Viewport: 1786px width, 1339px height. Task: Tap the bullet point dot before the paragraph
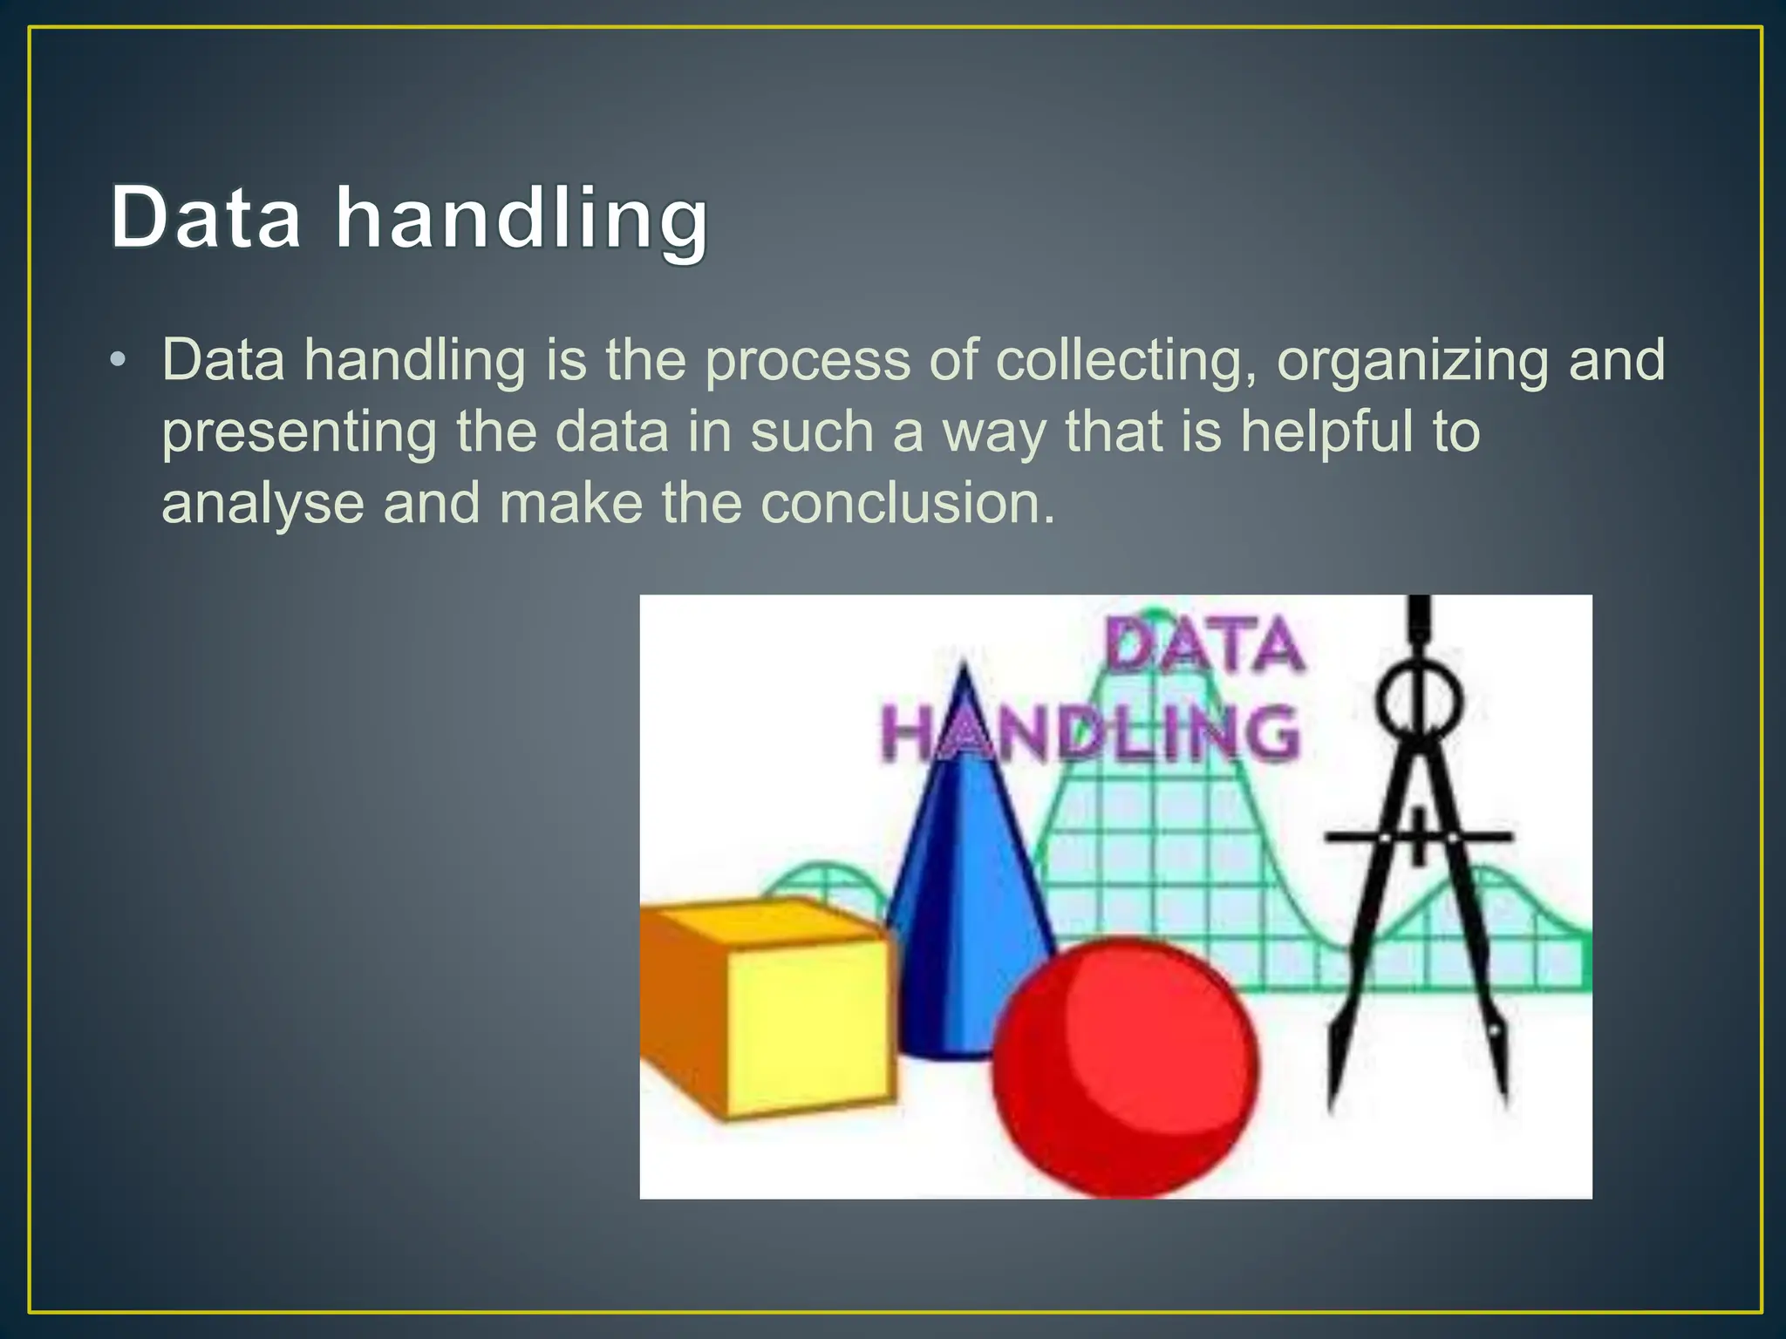tap(119, 359)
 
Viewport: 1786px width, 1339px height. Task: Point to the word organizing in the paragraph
tap(1412, 361)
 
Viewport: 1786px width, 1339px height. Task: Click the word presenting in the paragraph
tap(299, 433)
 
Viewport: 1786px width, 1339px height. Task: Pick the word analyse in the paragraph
tap(262, 505)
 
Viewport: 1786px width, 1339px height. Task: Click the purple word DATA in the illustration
tap(1204, 646)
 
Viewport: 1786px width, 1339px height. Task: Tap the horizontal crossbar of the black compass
tap(1419, 837)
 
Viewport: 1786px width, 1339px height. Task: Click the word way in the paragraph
tap(994, 433)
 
